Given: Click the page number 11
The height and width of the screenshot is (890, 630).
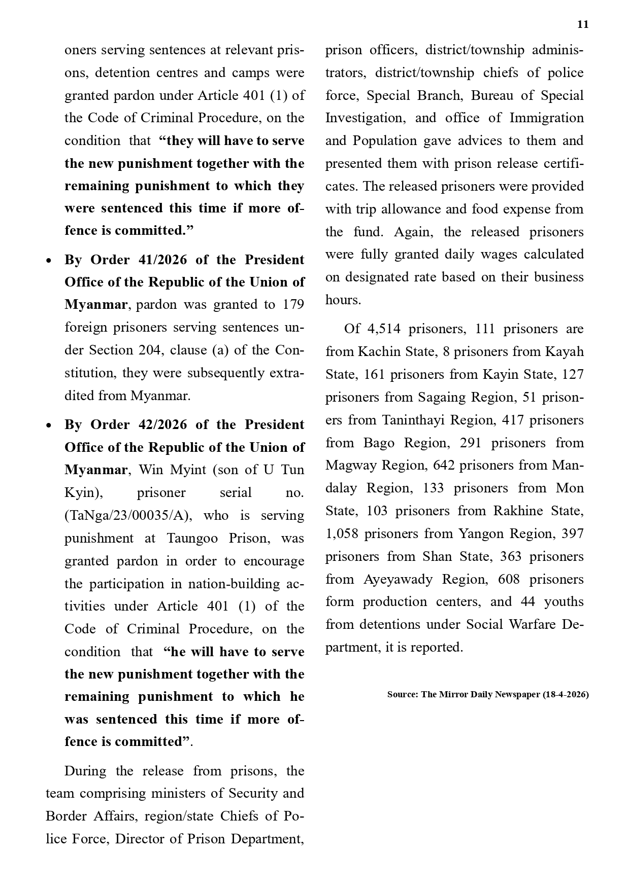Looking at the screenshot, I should [583, 25].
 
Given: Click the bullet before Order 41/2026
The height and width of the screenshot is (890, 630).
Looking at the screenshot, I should [49, 261].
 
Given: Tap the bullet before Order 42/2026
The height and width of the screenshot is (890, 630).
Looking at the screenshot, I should [49, 425].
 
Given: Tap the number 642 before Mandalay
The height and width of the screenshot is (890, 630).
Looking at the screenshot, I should [444, 466].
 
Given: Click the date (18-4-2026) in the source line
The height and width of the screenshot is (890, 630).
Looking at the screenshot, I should [566, 695].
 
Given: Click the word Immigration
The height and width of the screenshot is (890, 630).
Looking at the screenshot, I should [546, 118].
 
